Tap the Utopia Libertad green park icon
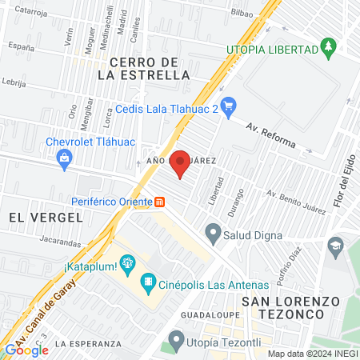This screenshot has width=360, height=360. click(x=328, y=49)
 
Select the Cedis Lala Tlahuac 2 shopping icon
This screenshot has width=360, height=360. click(x=228, y=105)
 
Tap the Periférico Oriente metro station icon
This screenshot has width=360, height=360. click(x=162, y=201)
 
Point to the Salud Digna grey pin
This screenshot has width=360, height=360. click(x=212, y=234)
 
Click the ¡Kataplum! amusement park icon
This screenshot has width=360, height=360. click(x=127, y=262)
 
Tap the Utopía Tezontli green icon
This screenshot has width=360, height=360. click(x=176, y=345)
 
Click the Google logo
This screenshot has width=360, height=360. click(x=26, y=350)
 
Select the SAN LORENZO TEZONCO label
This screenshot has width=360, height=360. click(x=290, y=308)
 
